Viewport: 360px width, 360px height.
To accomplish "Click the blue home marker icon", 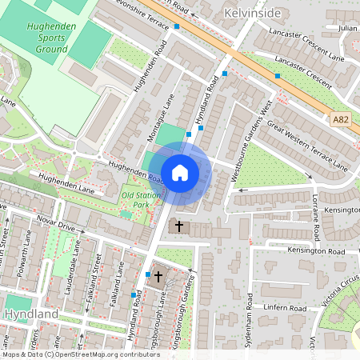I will pos(180,172).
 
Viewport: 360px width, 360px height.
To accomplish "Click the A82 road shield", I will pos(341,119).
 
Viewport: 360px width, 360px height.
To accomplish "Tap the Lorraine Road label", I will pos(317,221).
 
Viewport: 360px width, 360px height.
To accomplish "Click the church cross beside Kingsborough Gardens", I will pos(158,277).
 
